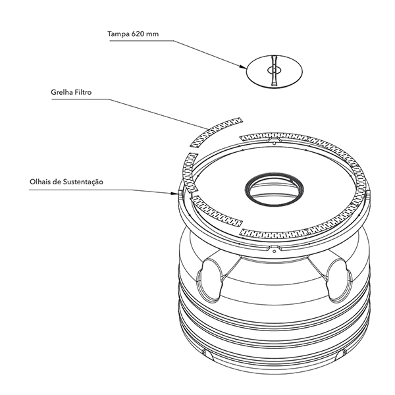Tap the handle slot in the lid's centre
point(274,70)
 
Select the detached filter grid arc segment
point(212,130)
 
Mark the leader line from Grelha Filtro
point(158,112)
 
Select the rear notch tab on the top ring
point(272,140)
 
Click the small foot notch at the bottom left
point(206,354)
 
